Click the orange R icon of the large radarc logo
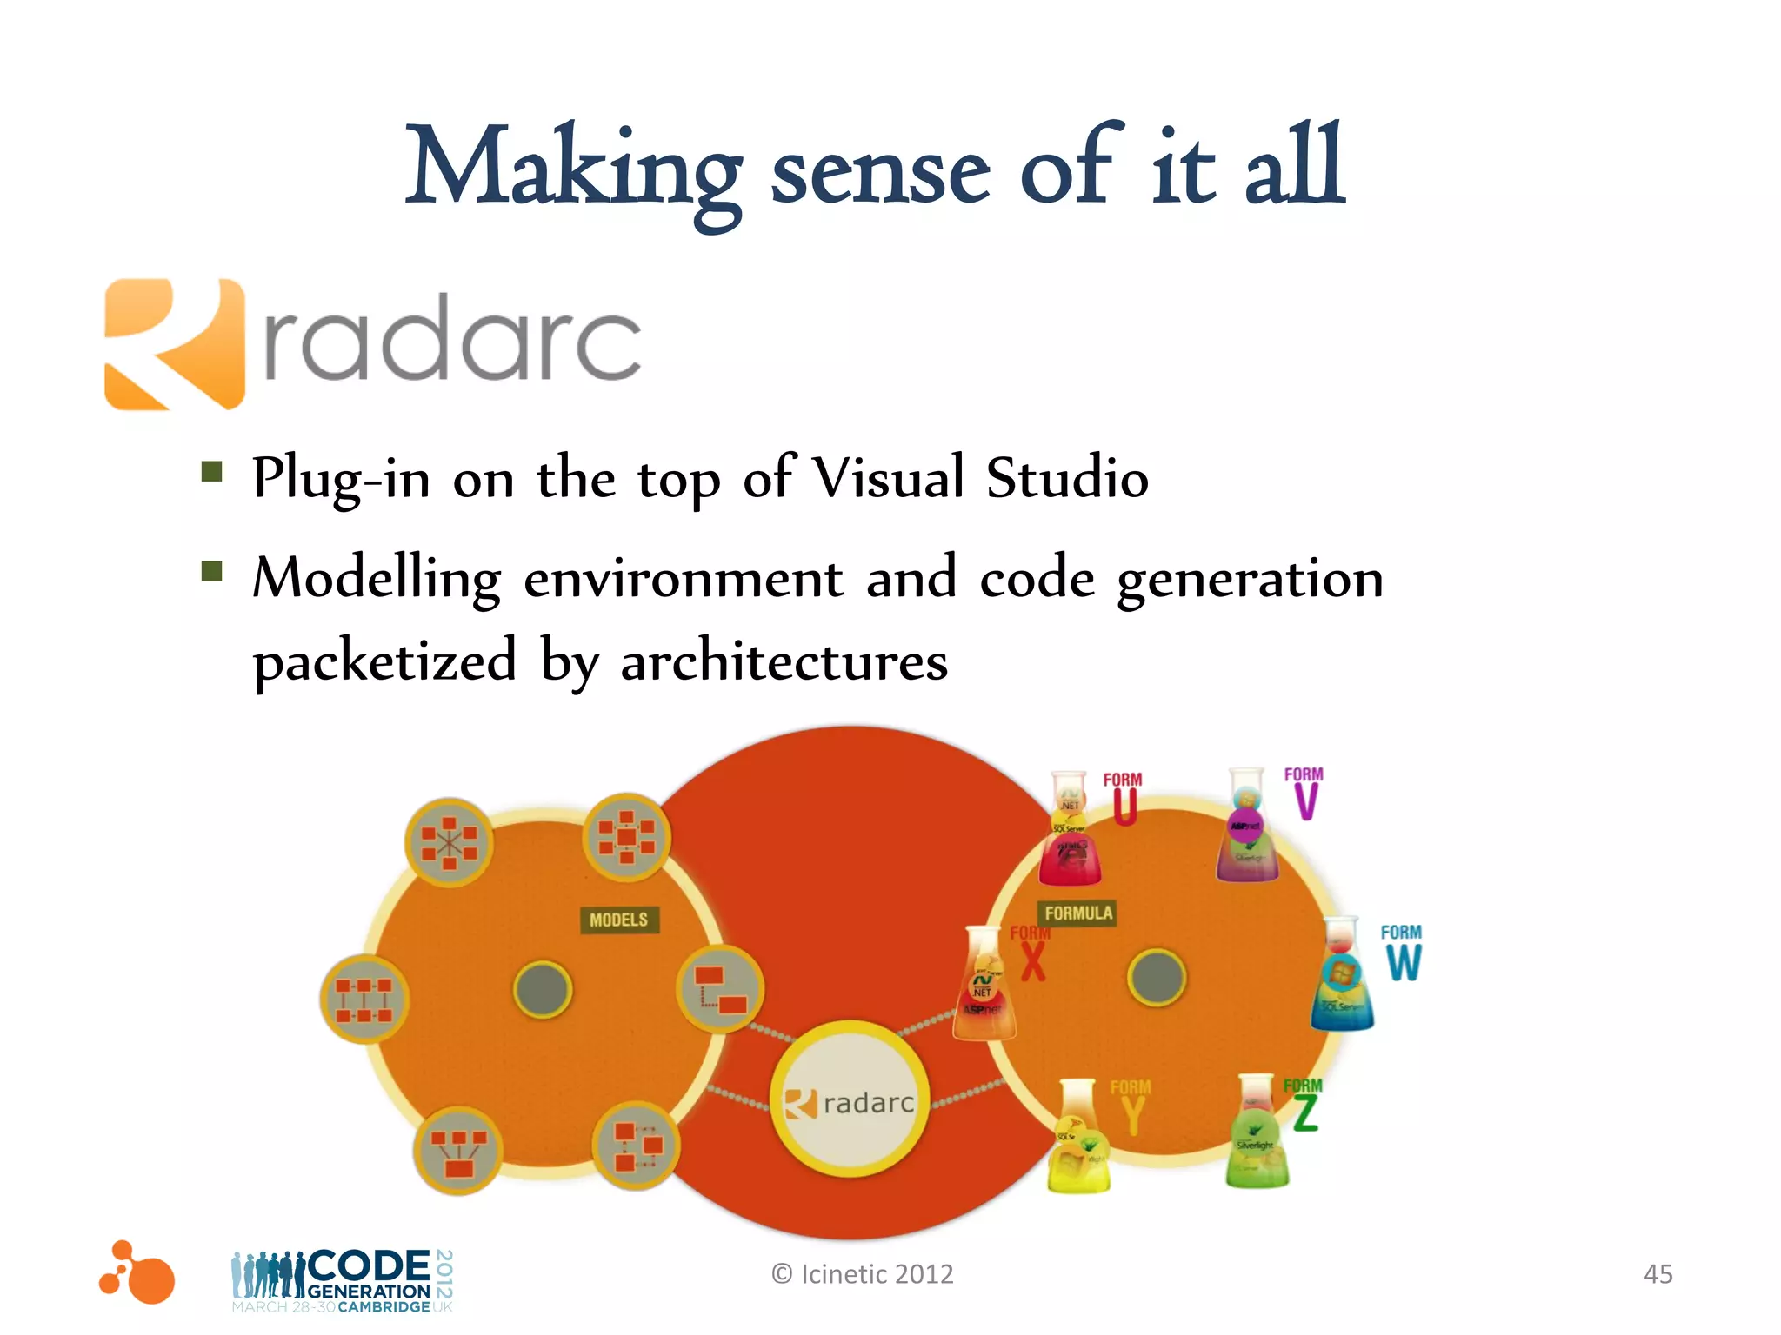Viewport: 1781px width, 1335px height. [174, 343]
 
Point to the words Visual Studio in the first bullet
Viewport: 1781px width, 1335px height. [980, 477]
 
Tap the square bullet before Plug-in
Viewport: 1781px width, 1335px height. [211, 472]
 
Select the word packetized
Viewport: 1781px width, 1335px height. [385, 661]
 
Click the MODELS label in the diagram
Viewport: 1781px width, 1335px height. [618, 920]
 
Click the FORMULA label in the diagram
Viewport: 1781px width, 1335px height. [1078, 913]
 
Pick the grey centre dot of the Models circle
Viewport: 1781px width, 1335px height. [543, 989]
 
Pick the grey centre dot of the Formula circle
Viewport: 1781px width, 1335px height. [1156, 976]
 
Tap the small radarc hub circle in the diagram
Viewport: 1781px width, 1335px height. [850, 1099]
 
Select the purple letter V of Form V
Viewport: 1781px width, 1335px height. [1305, 801]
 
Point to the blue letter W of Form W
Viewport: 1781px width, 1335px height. [1404, 962]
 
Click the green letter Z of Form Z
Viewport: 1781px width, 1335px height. [1305, 1114]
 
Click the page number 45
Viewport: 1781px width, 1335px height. [1658, 1274]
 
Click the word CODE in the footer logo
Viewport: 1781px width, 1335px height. [369, 1265]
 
